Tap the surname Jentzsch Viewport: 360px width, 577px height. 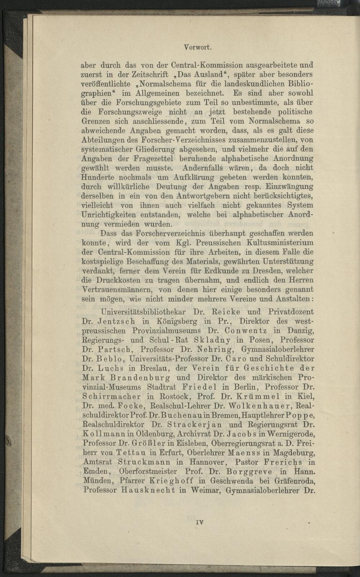point(117,321)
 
